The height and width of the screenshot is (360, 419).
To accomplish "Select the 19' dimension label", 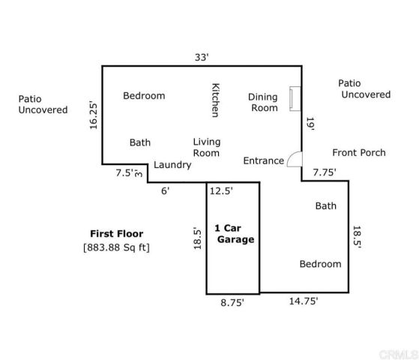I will pyautogui.click(x=310, y=122).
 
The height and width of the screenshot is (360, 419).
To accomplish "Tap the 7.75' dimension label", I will pyautogui.click(x=325, y=172).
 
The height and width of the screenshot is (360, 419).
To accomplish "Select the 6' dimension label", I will pyautogui.click(x=166, y=190).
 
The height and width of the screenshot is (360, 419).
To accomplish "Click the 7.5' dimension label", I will pyautogui.click(x=124, y=172).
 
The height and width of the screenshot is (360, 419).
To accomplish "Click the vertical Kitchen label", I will pyautogui.click(x=215, y=100).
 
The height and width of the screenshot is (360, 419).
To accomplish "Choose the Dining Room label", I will pyautogui.click(x=263, y=102).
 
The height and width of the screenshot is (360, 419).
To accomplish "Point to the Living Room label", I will pyautogui.click(x=206, y=147).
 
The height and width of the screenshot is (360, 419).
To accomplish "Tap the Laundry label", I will pyautogui.click(x=172, y=165).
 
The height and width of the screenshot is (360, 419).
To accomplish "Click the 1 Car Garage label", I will pyautogui.click(x=234, y=234).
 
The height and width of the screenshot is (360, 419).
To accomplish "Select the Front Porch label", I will pyautogui.click(x=358, y=152).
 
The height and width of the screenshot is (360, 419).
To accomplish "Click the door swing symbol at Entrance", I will pyautogui.click(x=295, y=160).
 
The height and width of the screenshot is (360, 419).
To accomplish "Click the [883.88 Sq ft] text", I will pyautogui.click(x=116, y=247).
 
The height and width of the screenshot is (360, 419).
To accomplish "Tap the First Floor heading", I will pyautogui.click(x=116, y=233).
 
